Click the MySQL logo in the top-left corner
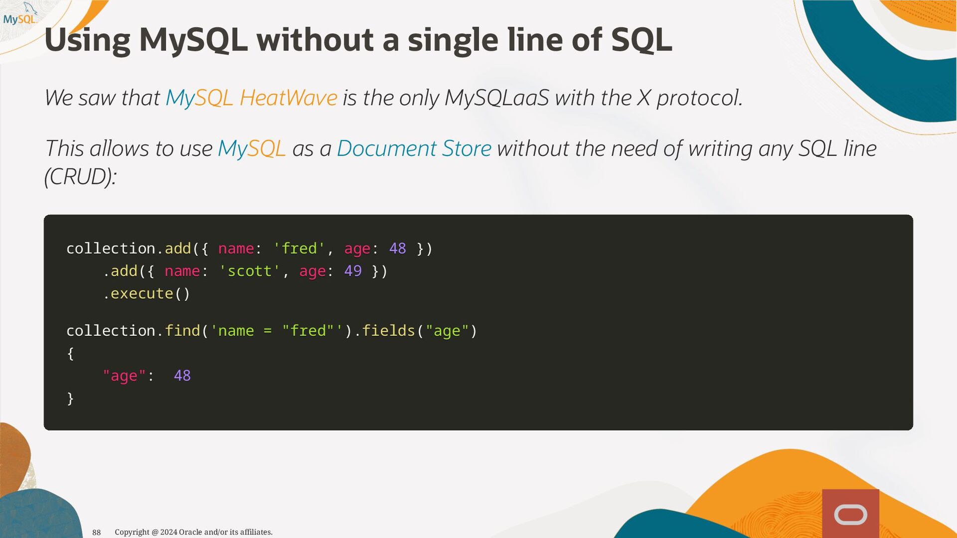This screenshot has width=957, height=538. point(20,14)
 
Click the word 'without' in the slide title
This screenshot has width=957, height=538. point(316,39)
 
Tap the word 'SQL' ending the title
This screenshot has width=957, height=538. point(641,40)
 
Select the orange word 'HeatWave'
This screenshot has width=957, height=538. point(288,98)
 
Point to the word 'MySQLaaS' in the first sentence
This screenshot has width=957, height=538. point(496,98)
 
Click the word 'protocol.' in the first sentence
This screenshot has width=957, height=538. point(700,98)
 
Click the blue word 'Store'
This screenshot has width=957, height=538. point(467,148)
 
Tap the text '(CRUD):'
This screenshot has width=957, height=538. point(80,176)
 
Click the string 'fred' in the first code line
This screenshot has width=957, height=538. point(299,248)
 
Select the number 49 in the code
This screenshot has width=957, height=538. point(353,270)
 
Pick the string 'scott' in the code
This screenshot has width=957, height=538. point(249,270)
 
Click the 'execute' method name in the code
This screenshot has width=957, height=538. point(142,293)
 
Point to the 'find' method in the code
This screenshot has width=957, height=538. point(182,330)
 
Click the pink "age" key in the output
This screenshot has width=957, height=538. point(124,376)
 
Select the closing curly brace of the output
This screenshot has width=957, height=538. point(70,398)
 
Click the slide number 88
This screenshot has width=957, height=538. point(97,533)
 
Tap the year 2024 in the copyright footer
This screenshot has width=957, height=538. point(168,532)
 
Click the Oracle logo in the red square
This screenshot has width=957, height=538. point(851,515)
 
